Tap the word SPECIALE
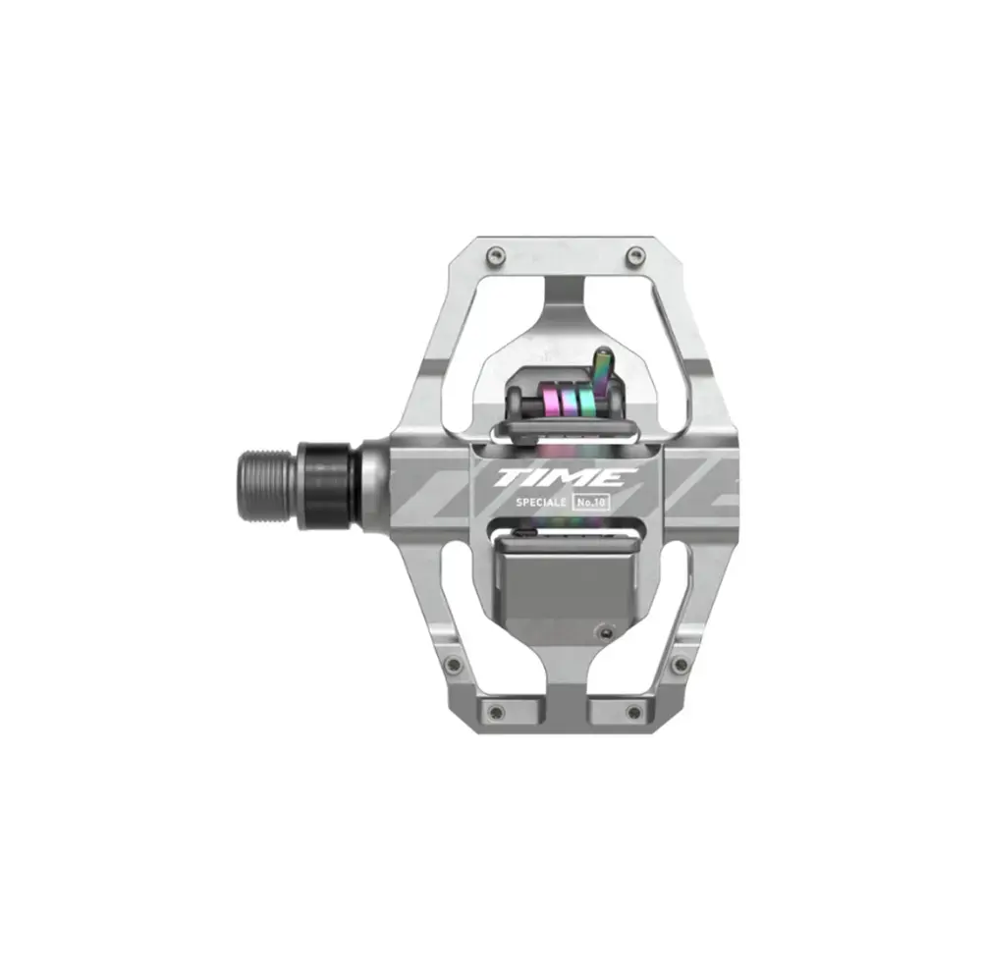point(541,502)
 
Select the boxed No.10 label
point(591,502)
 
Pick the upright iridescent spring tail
point(604,371)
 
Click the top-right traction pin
point(636,254)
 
